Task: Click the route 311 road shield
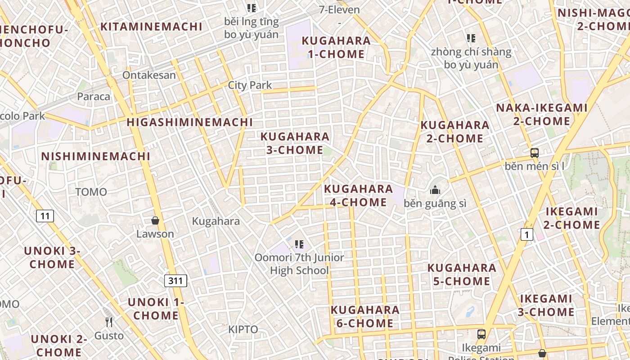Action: pyautogui.click(x=175, y=281)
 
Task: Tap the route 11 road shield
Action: pyautogui.click(x=45, y=216)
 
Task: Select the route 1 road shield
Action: pyautogui.click(x=526, y=234)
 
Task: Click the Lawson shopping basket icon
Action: pyautogui.click(x=155, y=220)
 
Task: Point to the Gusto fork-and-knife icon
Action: pyautogui.click(x=109, y=322)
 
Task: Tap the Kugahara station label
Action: pyautogui.click(x=216, y=221)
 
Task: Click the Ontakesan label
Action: pyautogui.click(x=149, y=75)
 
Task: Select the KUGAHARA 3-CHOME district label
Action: pyautogui.click(x=295, y=143)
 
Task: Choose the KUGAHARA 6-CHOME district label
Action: pyautogui.click(x=365, y=316)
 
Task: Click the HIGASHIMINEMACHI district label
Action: pyautogui.click(x=189, y=122)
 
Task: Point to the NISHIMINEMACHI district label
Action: pyautogui.click(x=95, y=157)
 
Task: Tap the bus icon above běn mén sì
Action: pyautogui.click(x=534, y=153)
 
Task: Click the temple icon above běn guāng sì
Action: pyautogui.click(x=435, y=190)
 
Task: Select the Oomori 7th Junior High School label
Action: pyautogui.click(x=299, y=264)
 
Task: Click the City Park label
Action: pyautogui.click(x=250, y=85)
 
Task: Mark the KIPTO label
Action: pyautogui.click(x=243, y=329)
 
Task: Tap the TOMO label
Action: pyautogui.click(x=91, y=192)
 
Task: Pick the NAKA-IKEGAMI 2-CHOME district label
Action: pyautogui.click(x=542, y=114)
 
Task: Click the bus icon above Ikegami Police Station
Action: pyautogui.click(x=481, y=334)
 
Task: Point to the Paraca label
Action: pyautogui.click(x=94, y=96)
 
